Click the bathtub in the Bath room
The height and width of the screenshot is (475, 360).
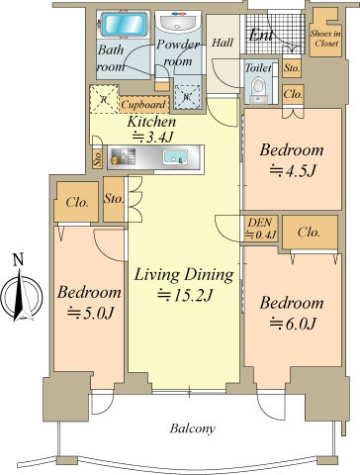pyautogui.click(x=124, y=25)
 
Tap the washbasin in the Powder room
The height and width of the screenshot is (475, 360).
pyautogui.click(x=178, y=23)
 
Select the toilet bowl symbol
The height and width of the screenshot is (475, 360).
pyautogui.click(x=258, y=88)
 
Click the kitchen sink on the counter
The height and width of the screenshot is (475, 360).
pyautogui.click(x=175, y=157)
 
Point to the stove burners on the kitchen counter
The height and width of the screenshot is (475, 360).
pyautogui.click(x=122, y=157)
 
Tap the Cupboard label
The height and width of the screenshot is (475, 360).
pyautogui.click(x=143, y=105)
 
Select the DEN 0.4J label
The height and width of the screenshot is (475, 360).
pyautogui.click(x=261, y=228)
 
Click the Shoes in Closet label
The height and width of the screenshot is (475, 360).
pyautogui.click(x=325, y=39)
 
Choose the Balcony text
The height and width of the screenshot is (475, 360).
pyautogui.click(x=193, y=428)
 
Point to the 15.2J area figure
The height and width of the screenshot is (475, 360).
pyautogui.click(x=185, y=295)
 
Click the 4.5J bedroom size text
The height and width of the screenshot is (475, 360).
pyautogui.click(x=292, y=170)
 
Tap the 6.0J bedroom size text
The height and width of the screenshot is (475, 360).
pyautogui.click(x=293, y=323)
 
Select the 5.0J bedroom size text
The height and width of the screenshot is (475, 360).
pyautogui.click(x=90, y=312)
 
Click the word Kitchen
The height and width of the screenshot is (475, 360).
pyautogui.click(x=151, y=122)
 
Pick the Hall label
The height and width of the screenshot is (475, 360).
pyautogui.click(x=223, y=43)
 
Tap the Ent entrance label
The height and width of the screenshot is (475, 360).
pyautogui.click(x=261, y=36)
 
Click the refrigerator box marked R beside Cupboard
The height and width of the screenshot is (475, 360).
pyautogui.click(x=104, y=99)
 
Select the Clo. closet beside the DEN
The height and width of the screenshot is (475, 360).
pyautogui.click(x=310, y=233)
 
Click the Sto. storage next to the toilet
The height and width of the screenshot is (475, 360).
pyautogui.click(x=292, y=68)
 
